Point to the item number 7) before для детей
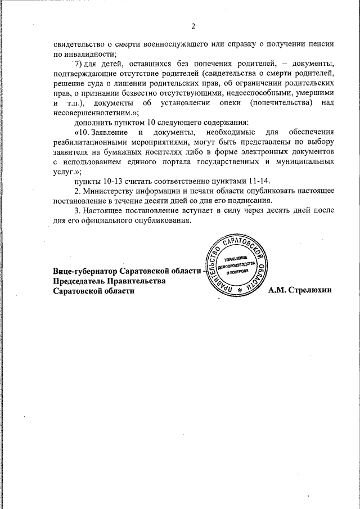click(78, 64)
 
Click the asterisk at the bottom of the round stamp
click(240, 289)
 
